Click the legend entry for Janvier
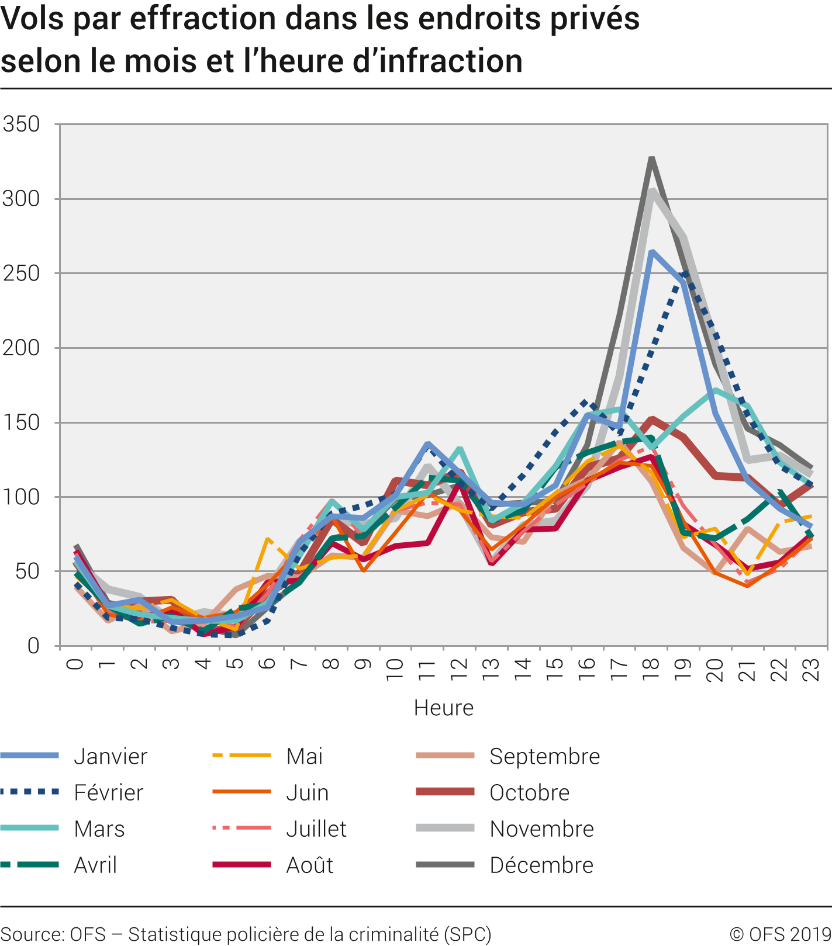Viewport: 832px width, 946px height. (x=111, y=756)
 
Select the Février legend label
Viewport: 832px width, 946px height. (x=109, y=792)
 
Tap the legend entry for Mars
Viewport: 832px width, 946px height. (x=99, y=829)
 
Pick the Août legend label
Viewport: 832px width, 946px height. (x=309, y=865)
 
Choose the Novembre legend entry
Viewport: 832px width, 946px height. (x=541, y=829)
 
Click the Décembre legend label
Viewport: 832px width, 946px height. (x=541, y=865)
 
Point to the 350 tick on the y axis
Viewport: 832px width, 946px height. (x=21, y=124)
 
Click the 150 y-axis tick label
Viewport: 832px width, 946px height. (x=21, y=422)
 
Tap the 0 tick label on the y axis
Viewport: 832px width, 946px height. (x=33, y=646)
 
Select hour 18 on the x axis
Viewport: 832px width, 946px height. (x=650, y=665)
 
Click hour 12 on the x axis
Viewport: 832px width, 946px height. (x=459, y=665)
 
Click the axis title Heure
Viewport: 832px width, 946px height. (x=443, y=708)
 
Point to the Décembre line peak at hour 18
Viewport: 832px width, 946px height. (x=651, y=158)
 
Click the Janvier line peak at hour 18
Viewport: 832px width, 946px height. (x=651, y=251)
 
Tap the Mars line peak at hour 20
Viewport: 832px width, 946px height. (x=715, y=390)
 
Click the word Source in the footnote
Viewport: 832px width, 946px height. (x=32, y=934)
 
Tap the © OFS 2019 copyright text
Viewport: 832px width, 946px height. (x=780, y=934)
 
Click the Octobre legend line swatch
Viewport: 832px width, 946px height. (x=445, y=792)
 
